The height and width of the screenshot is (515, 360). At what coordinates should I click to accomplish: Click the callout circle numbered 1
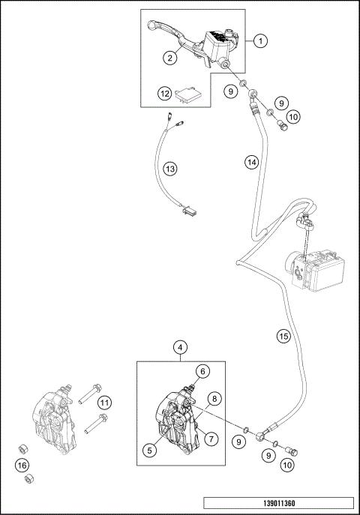tap(259, 42)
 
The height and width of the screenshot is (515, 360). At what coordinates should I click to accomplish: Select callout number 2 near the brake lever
tap(170, 57)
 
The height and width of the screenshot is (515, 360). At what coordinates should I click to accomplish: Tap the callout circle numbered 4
tap(180, 347)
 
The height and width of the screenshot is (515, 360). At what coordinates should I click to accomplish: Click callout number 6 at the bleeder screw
tap(202, 370)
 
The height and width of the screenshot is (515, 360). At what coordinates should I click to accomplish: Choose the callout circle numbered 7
tap(211, 438)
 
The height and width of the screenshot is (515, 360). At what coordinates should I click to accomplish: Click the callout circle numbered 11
tap(105, 403)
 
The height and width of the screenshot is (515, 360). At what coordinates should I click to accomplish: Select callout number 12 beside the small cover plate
tap(164, 94)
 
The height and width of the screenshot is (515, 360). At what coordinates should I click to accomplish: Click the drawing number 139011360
tap(277, 502)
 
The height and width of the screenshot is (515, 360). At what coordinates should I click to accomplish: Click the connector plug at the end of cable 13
tap(186, 211)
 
